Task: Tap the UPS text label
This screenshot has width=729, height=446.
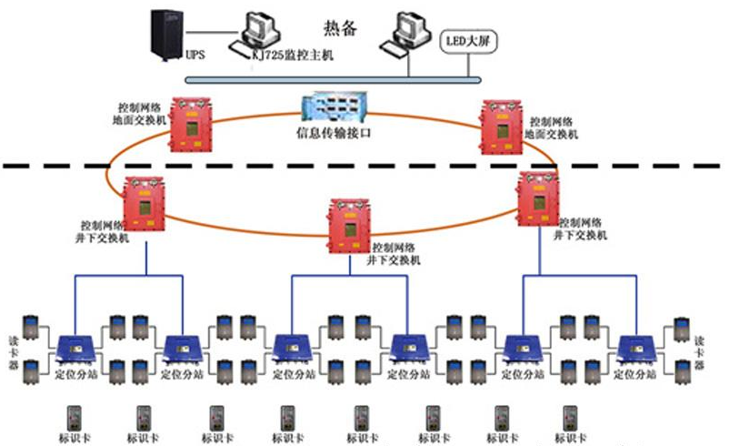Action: [195, 55]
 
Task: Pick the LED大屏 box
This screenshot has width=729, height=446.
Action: [464, 41]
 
